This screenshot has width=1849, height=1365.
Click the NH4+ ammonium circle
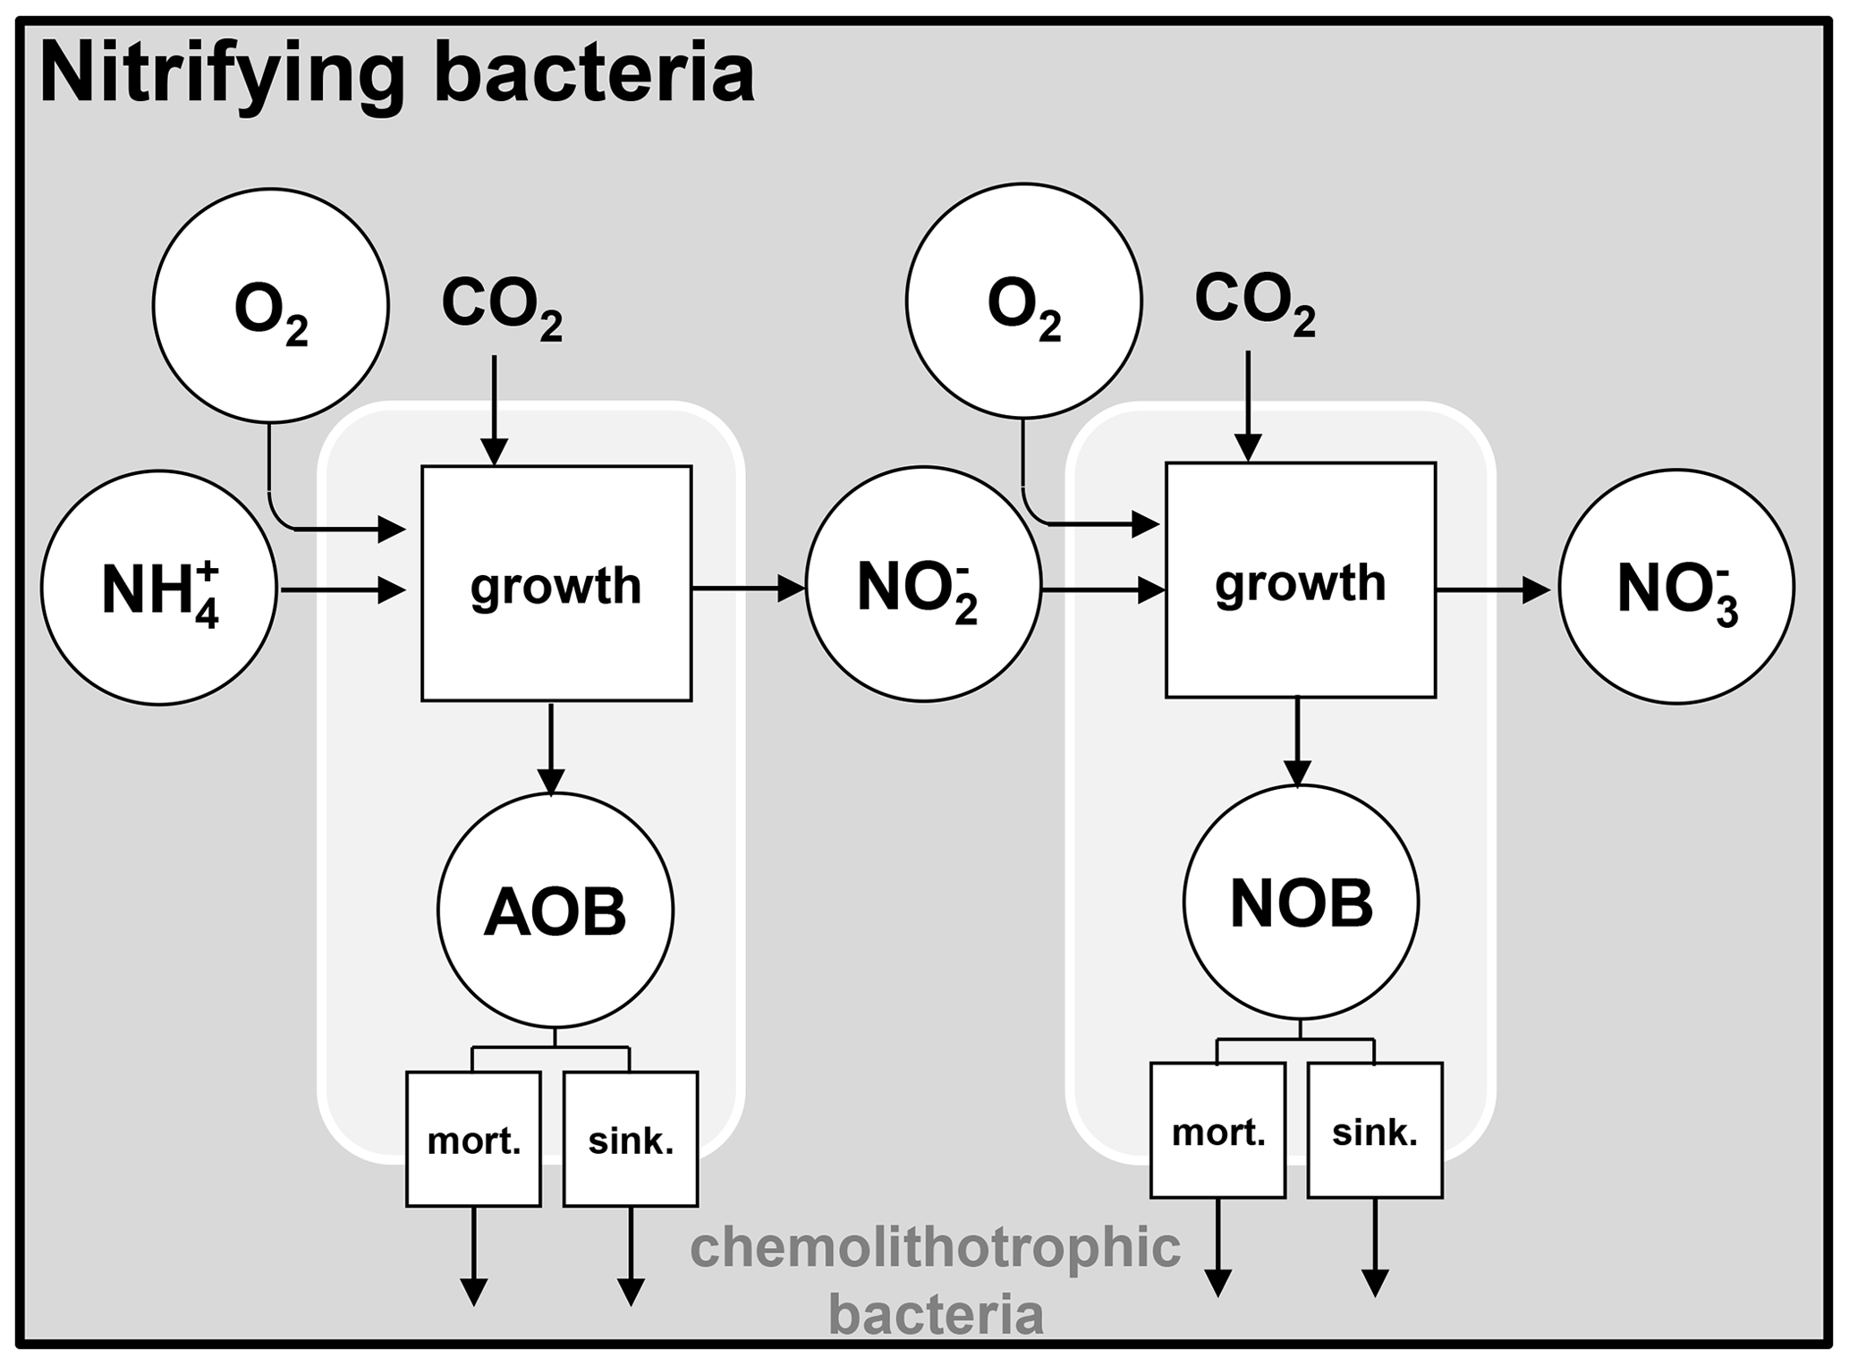pos(158,588)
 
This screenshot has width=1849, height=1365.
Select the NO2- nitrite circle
pos(923,584)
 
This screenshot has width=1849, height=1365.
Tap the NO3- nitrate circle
pos(1676,587)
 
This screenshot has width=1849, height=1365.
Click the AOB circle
pos(555,911)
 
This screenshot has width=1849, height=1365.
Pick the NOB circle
pos(1301,903)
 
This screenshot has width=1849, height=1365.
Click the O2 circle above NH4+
pos(270,305)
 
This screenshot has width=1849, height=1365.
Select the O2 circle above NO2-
pos(1023,301)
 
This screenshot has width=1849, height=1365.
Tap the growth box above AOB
pos(556,583)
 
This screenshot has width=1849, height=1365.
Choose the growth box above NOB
pos(1300,580)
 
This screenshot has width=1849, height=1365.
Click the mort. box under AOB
pos(473,1139)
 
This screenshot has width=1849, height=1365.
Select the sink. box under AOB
pos(631,1139)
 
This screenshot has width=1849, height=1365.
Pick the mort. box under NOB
pos(1217,1130)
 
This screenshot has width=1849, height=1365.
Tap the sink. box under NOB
pos(1375,1130)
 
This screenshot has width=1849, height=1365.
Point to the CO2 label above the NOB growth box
pos(1254,304)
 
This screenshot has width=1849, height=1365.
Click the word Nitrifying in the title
pos(222,75)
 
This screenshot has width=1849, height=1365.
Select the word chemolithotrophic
pos(935,1248)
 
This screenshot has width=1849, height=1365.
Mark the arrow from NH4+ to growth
pos(344,589)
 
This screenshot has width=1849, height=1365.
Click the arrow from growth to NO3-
pos(1492,589)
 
